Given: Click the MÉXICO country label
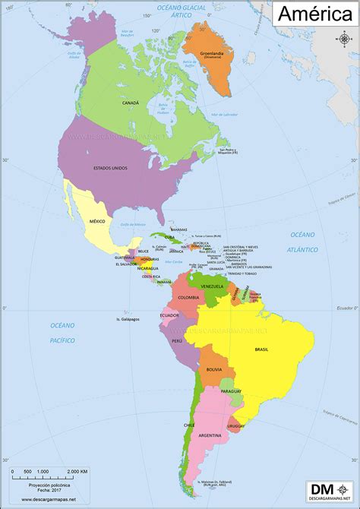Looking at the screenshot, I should coord(96,220).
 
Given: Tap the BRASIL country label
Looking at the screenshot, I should coord(262,349).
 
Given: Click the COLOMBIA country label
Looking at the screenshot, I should coord(188,297).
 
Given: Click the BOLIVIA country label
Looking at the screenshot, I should coord(213,369).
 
